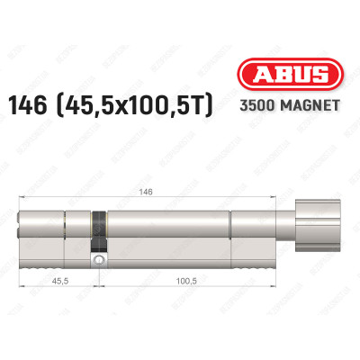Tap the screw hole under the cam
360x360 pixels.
pyautogui.click(x=98, y=261)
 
